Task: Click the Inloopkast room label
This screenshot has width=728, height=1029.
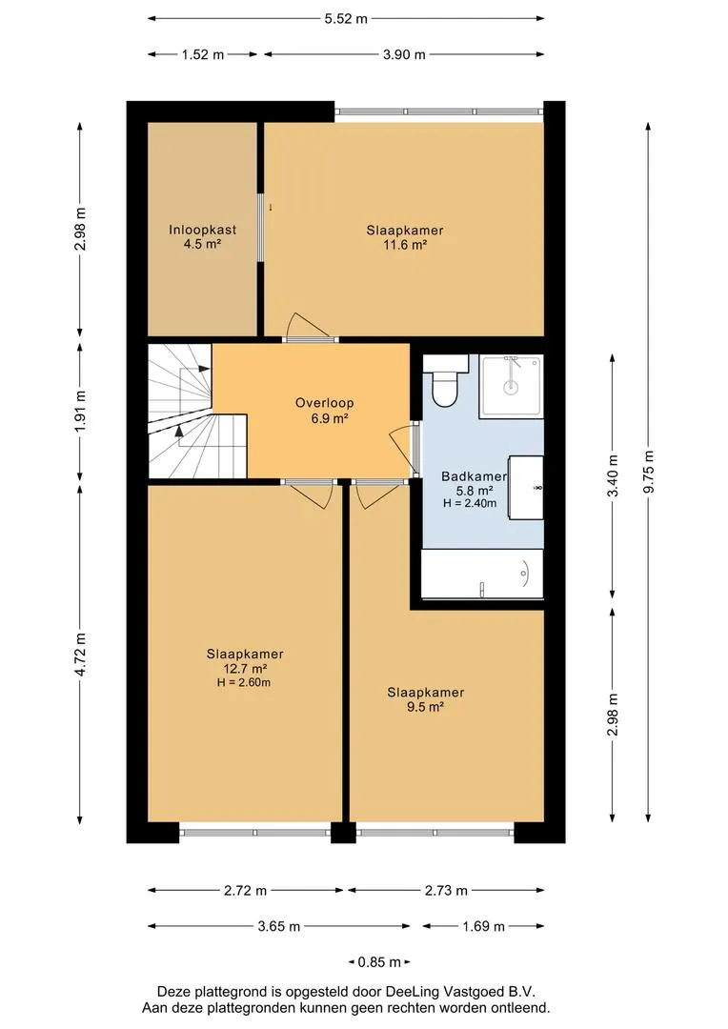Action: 202,230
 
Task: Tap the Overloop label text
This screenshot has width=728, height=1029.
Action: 324,403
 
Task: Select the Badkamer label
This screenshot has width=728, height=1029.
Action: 474,477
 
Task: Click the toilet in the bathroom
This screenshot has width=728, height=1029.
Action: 445,380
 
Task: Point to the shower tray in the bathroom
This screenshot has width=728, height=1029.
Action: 512,387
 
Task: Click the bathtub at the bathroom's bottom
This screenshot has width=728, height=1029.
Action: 482,575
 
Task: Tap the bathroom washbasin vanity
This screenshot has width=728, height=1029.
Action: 526,488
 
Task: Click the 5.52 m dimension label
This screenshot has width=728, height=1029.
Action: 346,19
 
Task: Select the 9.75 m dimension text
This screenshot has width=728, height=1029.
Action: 649,472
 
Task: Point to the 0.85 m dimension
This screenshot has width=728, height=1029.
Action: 379,962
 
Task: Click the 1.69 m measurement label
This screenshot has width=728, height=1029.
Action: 484,927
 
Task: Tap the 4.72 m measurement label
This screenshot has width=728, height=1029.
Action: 80,655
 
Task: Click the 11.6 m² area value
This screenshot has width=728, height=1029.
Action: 405,245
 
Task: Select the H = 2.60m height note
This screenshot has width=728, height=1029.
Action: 244,682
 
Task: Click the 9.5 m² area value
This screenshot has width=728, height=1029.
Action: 425,707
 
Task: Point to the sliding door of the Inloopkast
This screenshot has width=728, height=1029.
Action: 260,228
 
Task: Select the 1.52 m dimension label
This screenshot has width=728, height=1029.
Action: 203,54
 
